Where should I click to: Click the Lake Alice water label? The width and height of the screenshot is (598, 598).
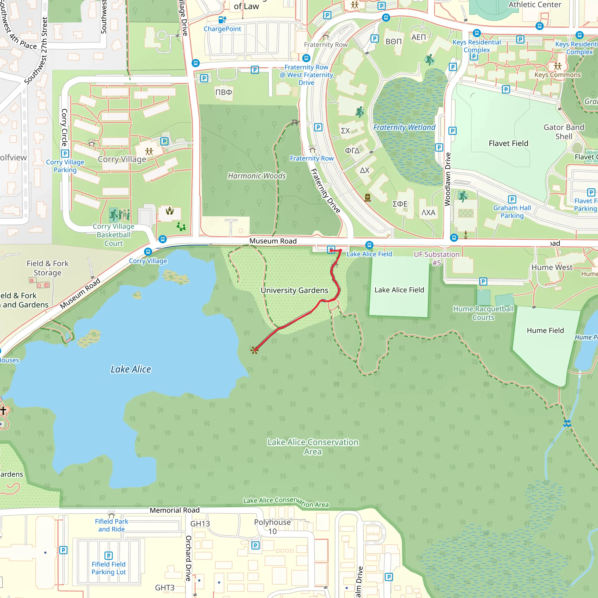pos(131,369)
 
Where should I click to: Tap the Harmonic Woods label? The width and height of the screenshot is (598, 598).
pos(257,176)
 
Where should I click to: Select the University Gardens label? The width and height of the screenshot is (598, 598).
pos(294,290)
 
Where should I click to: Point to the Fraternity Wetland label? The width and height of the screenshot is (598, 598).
pos(404,127)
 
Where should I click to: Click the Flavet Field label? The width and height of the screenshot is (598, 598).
pos(508,143)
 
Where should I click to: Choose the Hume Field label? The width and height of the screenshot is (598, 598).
pos(545,330)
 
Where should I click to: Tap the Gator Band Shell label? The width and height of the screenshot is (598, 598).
pos(564,132)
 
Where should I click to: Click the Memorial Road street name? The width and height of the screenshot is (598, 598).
pos(175,510)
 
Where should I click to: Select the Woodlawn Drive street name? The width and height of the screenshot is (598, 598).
pos(447,179)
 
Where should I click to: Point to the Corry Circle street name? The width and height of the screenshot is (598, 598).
pos(64,127)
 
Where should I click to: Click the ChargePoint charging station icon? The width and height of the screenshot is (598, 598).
pos(222,20)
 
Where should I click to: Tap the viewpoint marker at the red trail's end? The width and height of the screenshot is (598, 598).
pos(254,350)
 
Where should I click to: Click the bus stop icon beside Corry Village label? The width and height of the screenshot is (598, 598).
pos(148,252)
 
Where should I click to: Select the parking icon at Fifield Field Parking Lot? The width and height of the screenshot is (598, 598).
pos(108,556)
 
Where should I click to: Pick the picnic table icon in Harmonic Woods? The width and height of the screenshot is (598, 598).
pos(295,123)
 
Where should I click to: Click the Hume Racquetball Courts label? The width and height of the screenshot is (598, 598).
pos(483,313)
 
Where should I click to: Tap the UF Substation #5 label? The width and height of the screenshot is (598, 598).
pos(437,258)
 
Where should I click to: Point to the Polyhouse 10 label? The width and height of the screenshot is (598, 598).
pos(272,526)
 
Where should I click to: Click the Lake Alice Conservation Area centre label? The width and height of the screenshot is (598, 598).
pos(313,447)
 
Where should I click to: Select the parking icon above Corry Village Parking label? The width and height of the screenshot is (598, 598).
pos(65,154)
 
